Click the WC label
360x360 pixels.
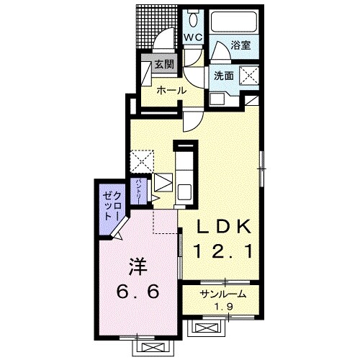(193, 37)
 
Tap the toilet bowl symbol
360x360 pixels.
(193, 19)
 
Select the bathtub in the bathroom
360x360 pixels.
(234, 22)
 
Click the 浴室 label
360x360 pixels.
(240, 45)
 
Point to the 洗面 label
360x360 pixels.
(224, 76)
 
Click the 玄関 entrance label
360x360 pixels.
(164, 64)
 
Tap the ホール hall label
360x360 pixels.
(171, 91)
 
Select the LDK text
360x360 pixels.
(224, 226)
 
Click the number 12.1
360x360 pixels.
(224, 251)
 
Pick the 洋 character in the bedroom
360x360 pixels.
(138, 266)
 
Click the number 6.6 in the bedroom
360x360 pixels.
(138, 291)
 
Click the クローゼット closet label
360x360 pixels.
(112, 206)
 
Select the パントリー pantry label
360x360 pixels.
(138, 192)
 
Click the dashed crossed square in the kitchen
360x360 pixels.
(142, 161)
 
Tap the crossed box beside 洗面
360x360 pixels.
(250, 75)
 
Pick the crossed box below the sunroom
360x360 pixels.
(206, 328)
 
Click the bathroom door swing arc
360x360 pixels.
(220, 48)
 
